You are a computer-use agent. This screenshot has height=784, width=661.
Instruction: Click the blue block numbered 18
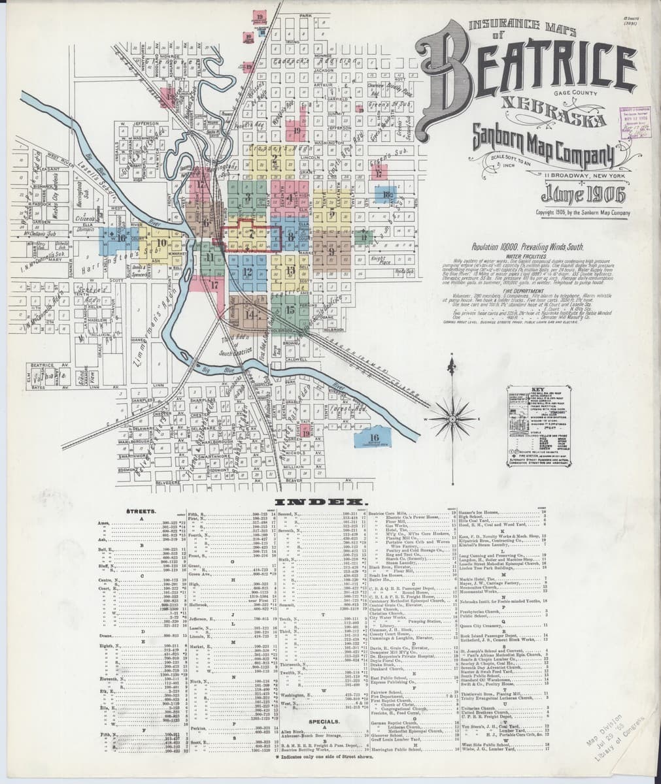coord(387,193)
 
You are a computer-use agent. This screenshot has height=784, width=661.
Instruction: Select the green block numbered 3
coord(248,197)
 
